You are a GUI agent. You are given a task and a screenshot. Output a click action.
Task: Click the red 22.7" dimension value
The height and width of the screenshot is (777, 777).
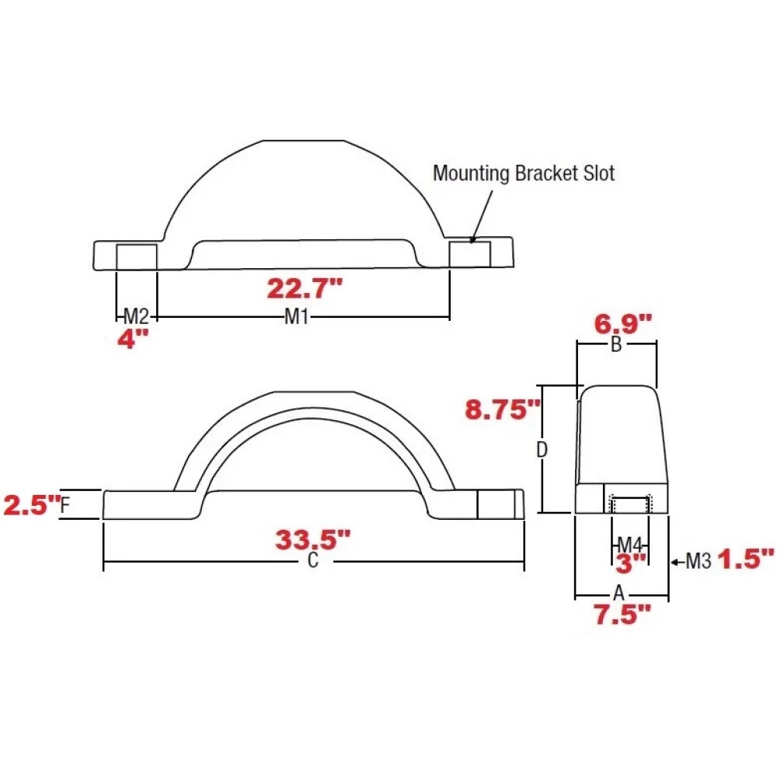click(304, 289)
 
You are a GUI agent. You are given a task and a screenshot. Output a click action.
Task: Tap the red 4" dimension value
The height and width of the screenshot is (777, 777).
click(132, 339)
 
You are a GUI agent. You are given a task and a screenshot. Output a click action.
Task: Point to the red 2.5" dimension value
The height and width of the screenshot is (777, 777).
click(31, 506)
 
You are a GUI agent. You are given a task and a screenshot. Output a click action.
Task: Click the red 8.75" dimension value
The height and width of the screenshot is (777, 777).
click(501, 409)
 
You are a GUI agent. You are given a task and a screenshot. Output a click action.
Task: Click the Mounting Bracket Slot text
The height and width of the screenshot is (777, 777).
click(523, 173)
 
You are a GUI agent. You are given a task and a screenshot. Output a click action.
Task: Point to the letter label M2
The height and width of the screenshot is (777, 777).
click(136, 316)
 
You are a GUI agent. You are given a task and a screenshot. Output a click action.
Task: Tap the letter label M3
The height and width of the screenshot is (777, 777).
click(699, 561)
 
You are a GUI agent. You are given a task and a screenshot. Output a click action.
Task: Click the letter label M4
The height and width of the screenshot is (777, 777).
click(629, 543)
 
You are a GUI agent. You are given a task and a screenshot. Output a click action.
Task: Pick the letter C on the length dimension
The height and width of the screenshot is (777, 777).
click(312, 563)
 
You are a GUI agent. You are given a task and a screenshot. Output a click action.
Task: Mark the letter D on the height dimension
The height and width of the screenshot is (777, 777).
click(543, 449)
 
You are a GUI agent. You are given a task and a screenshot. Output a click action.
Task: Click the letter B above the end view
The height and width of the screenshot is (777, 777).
click(616, 346)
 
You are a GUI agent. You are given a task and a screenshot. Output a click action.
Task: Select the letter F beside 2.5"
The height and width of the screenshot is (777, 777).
click(65, 505)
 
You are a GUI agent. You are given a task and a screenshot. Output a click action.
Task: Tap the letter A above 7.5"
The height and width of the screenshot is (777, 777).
click(618, 593)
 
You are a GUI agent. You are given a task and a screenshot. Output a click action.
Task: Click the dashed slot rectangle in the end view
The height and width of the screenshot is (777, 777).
click(627, 503)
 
